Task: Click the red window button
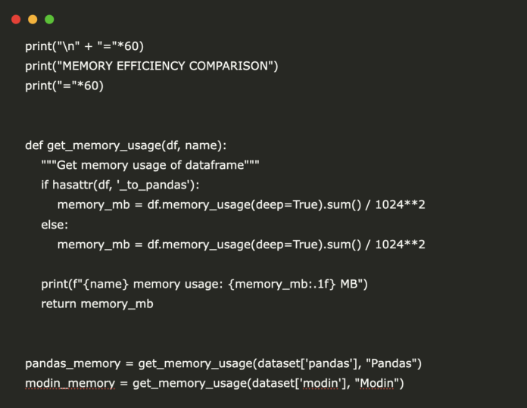[x=16, y=20]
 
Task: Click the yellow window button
[x=33, y=20]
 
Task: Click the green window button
[x=49, y=20]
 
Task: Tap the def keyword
[x=34, y=145]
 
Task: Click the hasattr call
[x=75, y=185]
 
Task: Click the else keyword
[x=55, y=225]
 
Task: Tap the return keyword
[x=60, y=304]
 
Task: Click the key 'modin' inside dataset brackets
[x=321, y=383]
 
